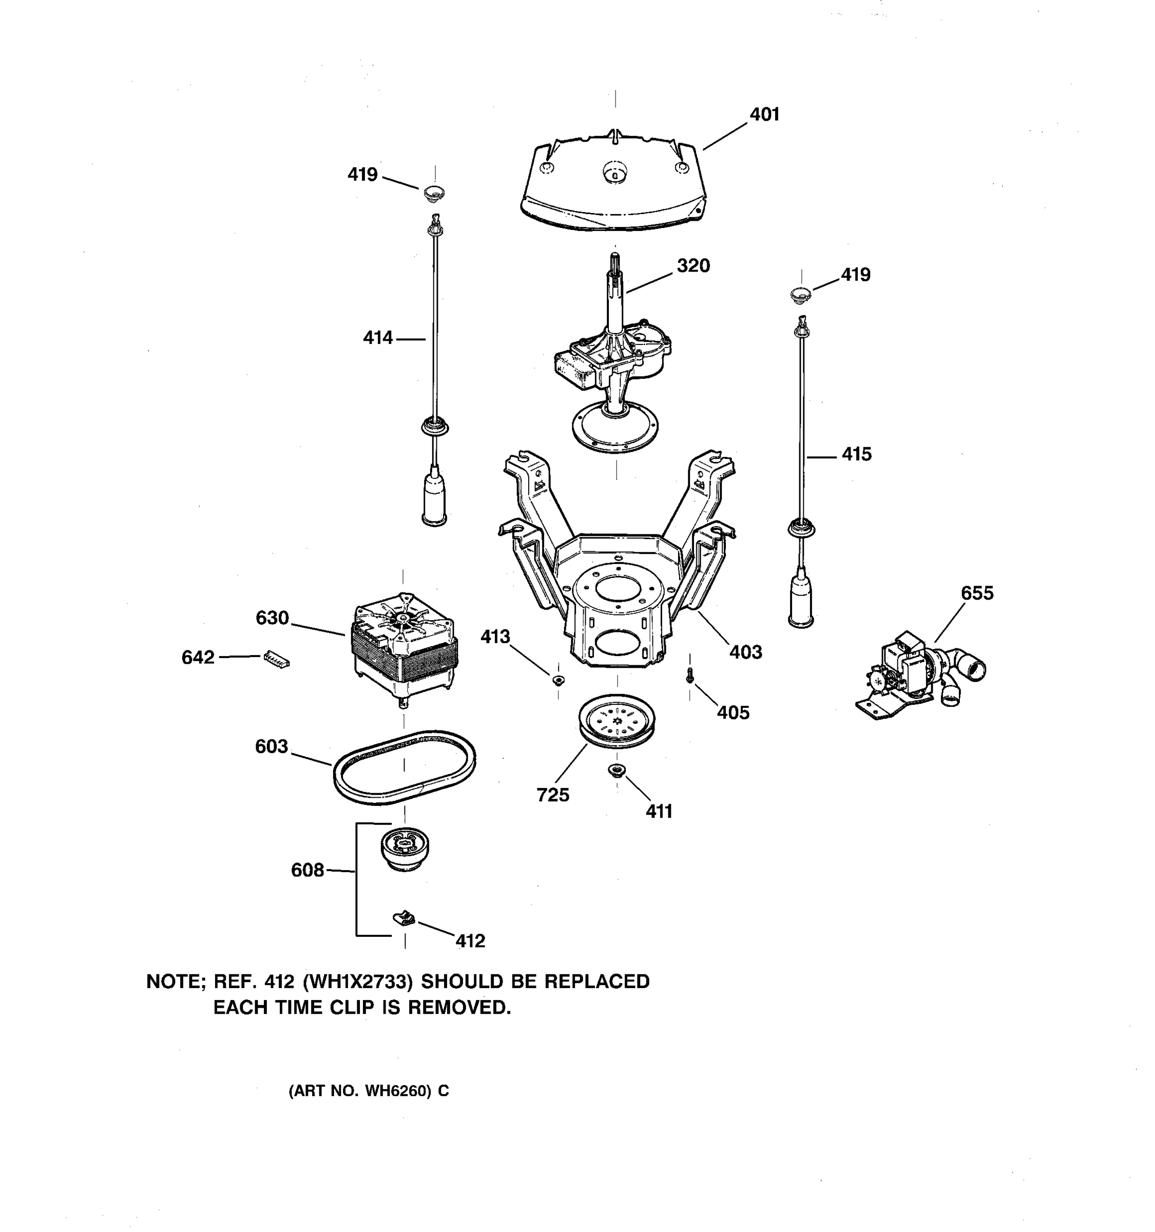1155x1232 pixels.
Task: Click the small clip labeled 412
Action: (x=403, y=917)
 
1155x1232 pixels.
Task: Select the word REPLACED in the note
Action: (x=596, y=981)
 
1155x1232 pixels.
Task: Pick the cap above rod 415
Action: (x=801, y=295)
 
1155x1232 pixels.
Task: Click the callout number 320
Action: (x=693, y=266)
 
